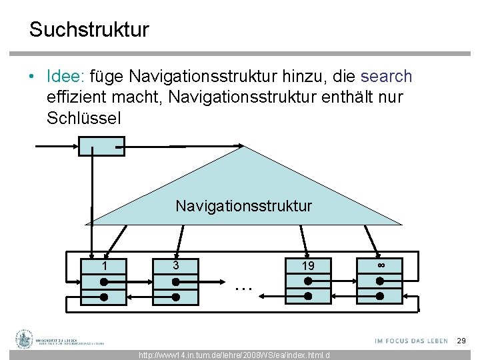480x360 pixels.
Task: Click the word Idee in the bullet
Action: tap(63, 77)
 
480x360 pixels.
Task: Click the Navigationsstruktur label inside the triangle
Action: tap(243, 205)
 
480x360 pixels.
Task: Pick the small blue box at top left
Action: tap(101, 145)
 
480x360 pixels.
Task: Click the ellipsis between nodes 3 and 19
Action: tap(243, 287)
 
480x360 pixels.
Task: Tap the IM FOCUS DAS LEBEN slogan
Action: tap(411, 341)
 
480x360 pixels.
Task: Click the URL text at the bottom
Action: tap(234, 355)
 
